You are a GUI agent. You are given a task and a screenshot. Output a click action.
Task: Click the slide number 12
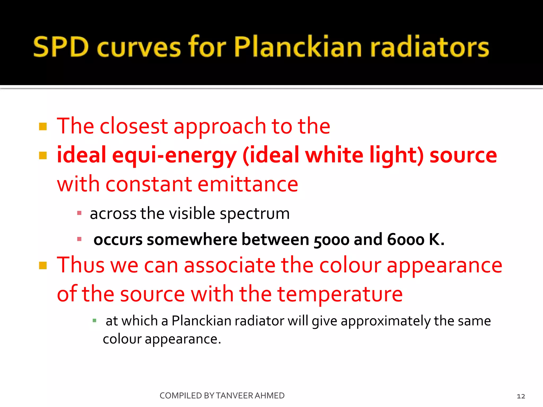(521, 396)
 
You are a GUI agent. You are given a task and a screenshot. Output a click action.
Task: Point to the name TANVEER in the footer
(235, 396)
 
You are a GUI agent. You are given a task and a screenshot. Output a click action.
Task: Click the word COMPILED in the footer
(181, 396)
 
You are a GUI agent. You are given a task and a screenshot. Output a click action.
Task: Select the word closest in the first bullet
(134, 126)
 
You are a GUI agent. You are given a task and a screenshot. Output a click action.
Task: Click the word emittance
(248, 184)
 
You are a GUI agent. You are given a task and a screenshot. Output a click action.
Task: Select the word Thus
(81, 265)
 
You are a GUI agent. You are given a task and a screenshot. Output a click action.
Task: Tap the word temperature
(340, 294)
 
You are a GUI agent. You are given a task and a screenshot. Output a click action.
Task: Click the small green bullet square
(94, 321)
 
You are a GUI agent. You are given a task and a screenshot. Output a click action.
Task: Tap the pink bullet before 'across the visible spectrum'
(79, 213)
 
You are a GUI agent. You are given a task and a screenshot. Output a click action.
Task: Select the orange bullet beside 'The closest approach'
(43, 126)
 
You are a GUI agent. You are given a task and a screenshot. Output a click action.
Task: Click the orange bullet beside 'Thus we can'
(43, 265)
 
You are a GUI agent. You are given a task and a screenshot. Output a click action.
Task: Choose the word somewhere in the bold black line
(192, 240)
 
